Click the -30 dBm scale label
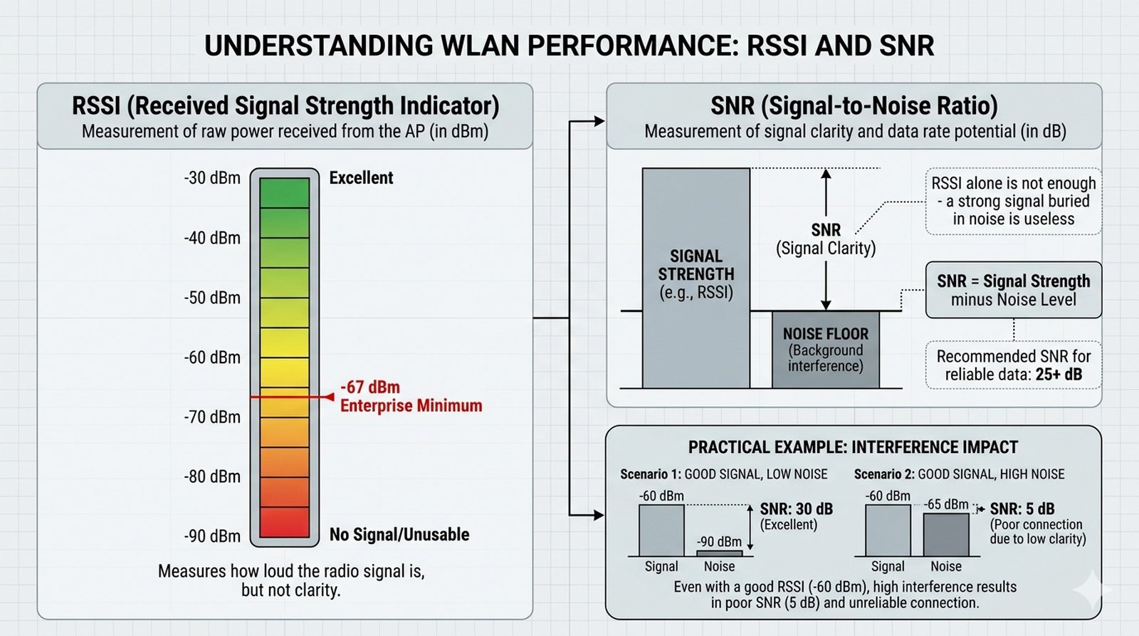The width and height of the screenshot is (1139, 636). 212,178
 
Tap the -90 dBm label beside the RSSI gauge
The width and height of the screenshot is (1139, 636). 212,536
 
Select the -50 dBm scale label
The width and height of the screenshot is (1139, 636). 212,298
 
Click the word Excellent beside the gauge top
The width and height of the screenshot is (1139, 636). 361,178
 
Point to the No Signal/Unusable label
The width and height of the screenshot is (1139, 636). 399,535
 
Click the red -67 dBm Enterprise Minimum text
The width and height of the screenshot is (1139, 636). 410,397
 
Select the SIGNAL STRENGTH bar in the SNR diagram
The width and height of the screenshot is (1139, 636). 696,278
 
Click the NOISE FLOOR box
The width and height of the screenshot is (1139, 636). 825,349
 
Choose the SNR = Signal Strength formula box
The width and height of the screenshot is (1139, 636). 1013,290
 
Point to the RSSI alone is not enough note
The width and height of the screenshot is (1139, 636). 1013,202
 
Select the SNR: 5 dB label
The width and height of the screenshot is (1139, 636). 1022,509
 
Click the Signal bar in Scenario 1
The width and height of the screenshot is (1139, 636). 661,530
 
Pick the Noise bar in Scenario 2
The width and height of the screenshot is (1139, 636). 946,534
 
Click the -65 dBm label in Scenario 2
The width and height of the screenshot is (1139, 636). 946,505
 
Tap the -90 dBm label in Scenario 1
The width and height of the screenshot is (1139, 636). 719,542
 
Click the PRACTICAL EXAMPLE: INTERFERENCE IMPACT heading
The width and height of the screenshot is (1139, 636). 853,447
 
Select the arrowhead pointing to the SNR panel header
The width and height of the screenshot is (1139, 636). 599,122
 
